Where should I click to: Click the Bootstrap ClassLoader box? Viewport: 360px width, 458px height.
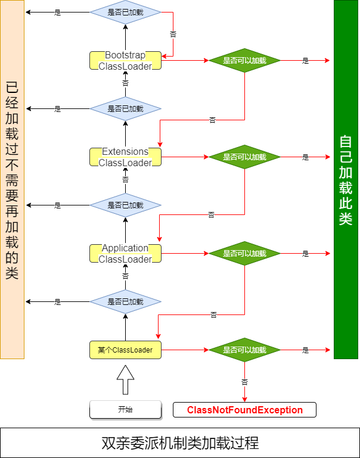125,61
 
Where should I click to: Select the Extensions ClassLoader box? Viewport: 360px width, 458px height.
125,157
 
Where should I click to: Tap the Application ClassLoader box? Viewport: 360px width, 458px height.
125,254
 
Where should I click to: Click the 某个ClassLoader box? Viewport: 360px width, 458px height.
125,350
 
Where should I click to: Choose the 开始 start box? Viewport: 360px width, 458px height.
125,410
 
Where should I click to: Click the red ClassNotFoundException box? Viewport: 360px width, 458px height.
244,410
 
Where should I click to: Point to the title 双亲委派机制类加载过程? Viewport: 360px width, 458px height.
180,443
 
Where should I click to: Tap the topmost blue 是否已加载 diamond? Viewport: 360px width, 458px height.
125,12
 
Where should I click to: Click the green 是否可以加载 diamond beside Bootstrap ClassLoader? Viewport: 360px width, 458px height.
244,61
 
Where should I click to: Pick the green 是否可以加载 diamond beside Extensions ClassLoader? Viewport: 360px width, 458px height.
244,157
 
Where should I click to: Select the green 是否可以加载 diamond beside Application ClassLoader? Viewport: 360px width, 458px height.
244,254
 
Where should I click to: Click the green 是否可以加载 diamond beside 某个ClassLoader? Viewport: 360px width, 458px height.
244,350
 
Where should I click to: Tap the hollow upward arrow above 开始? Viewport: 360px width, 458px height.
125,379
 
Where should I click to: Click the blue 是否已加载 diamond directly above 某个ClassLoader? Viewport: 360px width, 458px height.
125,302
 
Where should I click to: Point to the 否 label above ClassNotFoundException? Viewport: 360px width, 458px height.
244,382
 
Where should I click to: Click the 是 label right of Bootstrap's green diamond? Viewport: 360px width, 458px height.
306,61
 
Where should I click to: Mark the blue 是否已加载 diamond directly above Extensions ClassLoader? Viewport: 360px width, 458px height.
125,109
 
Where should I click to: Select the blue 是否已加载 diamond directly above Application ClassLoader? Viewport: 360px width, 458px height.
125,205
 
